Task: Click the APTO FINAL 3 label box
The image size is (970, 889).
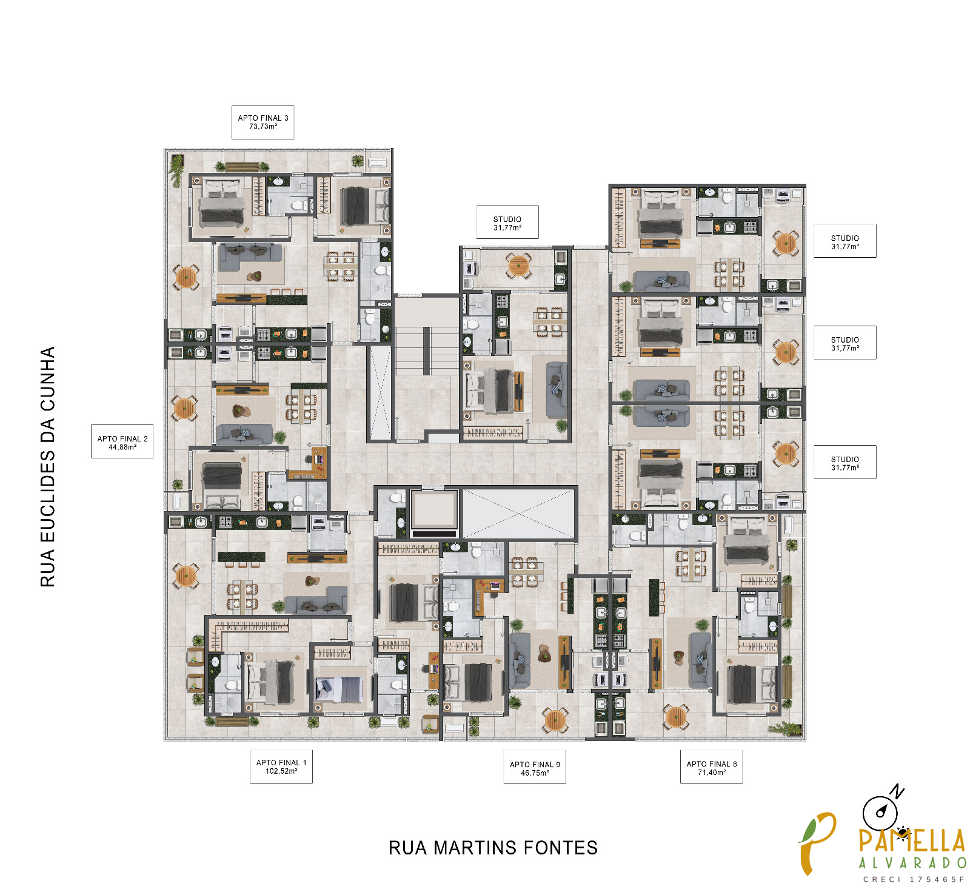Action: pos(263,122)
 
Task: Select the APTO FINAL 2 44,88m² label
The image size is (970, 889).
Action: pos(122,441)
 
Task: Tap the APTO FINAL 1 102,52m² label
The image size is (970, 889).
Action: pos(281,767)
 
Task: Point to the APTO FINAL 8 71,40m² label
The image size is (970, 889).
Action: pos(711,767)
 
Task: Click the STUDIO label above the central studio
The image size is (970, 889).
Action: pos(507,223)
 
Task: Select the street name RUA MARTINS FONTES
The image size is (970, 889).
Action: pos(493,848)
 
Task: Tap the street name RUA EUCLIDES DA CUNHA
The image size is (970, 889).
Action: pos(47,467)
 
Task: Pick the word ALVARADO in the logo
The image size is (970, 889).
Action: pos(912,863)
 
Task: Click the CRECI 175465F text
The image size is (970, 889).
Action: pos(914,879)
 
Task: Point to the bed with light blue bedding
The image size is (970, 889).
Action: pos(338,689)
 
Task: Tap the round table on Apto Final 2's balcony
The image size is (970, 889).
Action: pos(185,408)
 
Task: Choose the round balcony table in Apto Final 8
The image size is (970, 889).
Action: pos(675,717)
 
